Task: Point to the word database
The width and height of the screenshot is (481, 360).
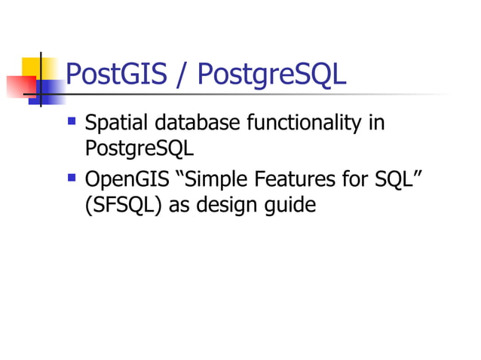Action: [x=191, y=122]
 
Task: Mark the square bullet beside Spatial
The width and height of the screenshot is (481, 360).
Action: [x=72, y=119]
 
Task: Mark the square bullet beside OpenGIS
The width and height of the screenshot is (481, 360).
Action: [x=72, y=177]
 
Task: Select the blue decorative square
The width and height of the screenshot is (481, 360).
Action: [x=50, y=90]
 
